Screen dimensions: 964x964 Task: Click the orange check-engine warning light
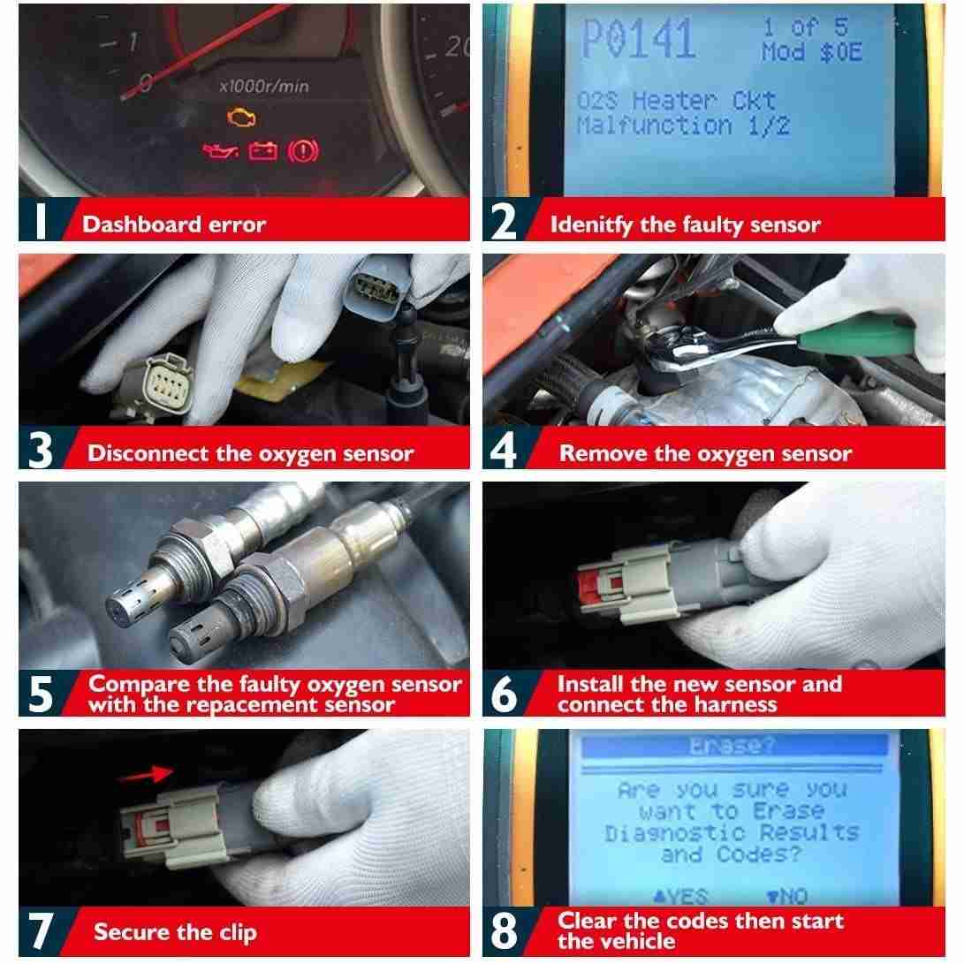[241, 117]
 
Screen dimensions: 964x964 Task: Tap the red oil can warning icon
[221, 150]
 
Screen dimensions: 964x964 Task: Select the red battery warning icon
[262, 150]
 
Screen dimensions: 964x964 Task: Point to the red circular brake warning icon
[303, 150]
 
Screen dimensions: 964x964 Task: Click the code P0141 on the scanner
[638, 39]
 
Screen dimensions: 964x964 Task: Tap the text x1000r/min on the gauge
[264, 86]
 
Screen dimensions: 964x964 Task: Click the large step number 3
[41, 450]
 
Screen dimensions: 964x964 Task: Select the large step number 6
[505, 694]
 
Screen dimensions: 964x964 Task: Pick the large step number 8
[505, 930]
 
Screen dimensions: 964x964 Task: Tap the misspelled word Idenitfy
[591, 225]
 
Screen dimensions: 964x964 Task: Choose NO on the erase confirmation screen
[787, 896]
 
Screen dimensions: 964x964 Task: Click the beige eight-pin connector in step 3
[162, 386]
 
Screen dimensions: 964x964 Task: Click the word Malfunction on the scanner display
[655, 126]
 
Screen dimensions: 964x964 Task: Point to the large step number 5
[41, 694]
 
